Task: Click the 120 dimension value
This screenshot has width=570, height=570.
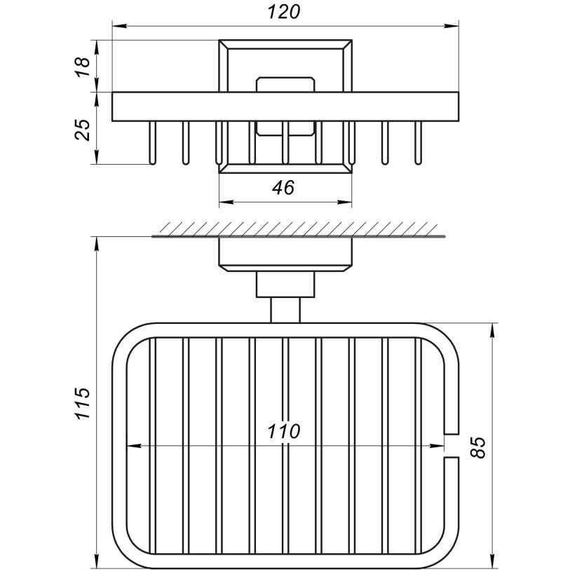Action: point(284,13)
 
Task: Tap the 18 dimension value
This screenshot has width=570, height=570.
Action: point(83,67)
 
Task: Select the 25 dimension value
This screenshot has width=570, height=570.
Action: point(83,130)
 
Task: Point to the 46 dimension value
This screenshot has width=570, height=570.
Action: point(284,188)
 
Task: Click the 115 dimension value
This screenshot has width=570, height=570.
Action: point(83,404)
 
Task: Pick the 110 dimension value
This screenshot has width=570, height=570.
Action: point(284,431)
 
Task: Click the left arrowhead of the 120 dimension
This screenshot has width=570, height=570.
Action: point(119,26)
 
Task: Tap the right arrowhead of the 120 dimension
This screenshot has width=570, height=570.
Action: point(452,26)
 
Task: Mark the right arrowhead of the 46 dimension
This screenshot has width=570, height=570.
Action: point(345,202)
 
